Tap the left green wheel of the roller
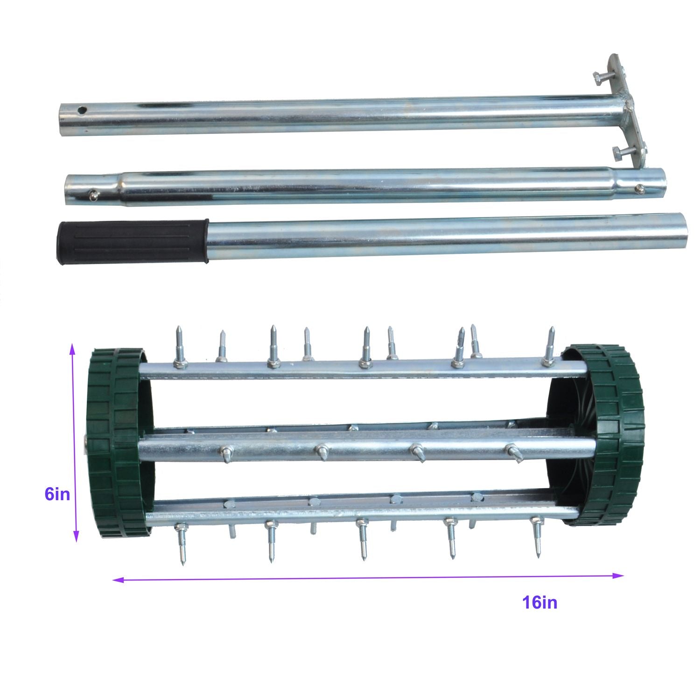pyautogui.click(x=119, y=443)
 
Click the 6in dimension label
pyautogui.click(x=57, y=494)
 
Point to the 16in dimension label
pyautogui.click(x=539, y=602)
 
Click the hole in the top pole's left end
pyautogui.click(x=82, y=111)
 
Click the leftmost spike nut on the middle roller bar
pyautogui.click(x=226, y=453)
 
